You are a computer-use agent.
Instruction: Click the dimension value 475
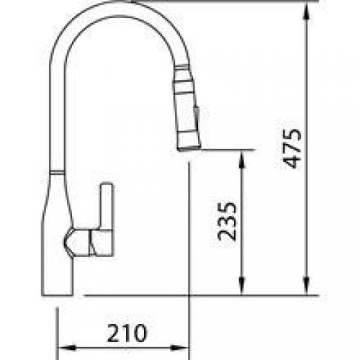point(292,148)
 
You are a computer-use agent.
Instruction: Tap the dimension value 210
point(127,333)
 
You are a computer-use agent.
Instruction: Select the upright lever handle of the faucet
point(107,216)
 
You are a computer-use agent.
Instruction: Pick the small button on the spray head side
point(197,114)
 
